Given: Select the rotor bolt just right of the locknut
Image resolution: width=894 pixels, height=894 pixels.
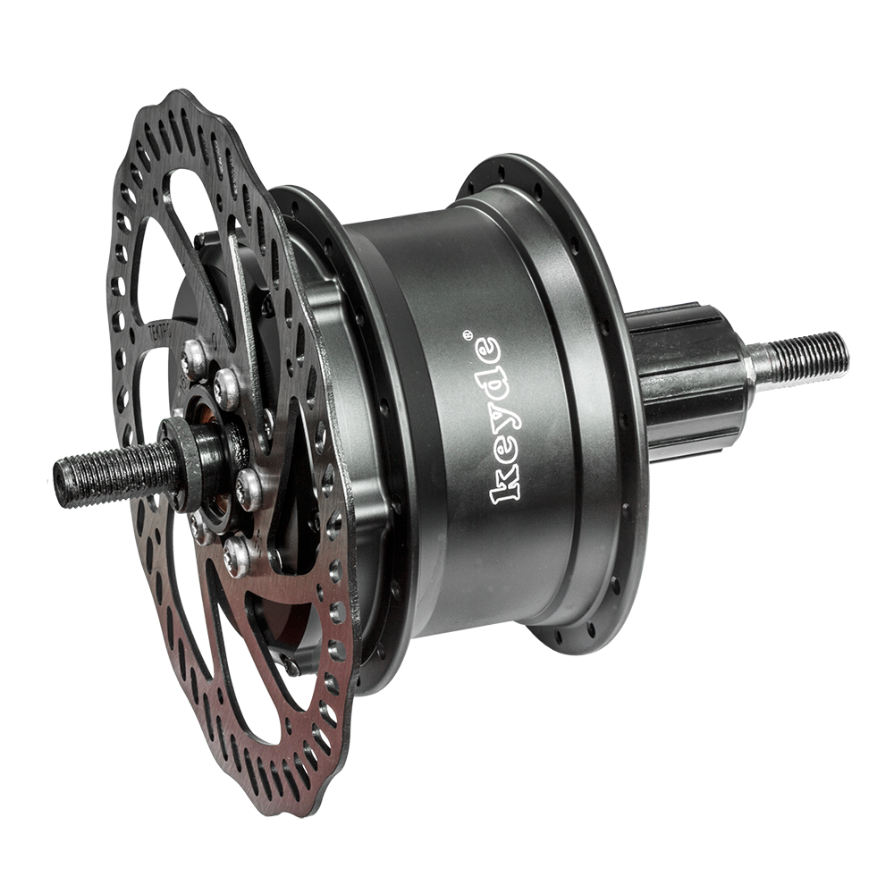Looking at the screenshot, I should [248, 488].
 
